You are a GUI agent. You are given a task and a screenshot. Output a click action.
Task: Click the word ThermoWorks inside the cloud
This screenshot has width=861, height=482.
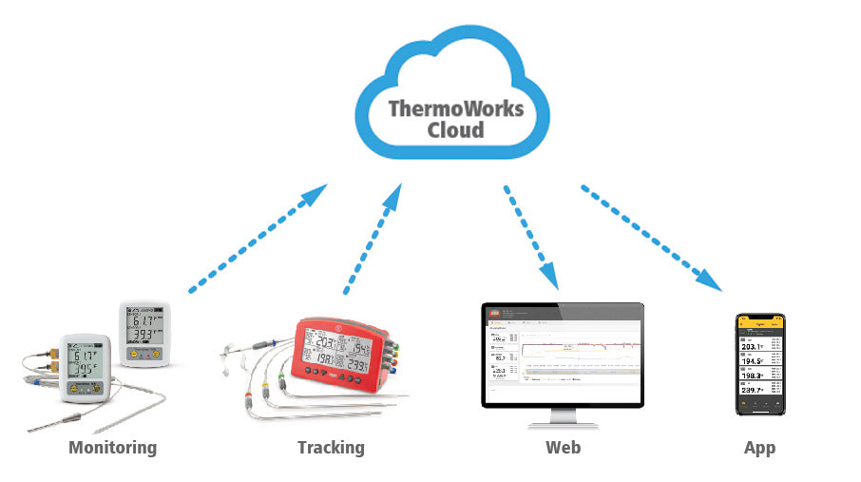[x=455, y=107]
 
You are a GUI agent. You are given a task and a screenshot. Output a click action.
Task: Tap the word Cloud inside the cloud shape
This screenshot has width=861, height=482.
[x=455, y=130]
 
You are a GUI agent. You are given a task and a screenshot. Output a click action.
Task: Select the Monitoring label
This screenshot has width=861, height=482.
[x=112, y=447]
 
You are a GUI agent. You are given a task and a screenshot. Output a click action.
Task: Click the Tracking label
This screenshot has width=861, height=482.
[x=331, y=447]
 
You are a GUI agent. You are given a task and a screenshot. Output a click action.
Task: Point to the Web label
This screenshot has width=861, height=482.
[x=563, y=447]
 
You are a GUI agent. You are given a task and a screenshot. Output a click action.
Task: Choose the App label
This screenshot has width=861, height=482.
[x=759, y=447]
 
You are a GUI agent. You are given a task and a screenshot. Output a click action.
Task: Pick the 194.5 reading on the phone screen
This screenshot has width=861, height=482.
[x=754, y=361]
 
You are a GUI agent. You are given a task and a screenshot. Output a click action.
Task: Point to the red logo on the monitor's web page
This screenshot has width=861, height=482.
[x=494, y=314]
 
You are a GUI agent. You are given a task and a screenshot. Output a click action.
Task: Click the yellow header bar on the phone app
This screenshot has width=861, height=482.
[x=759, y=323]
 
